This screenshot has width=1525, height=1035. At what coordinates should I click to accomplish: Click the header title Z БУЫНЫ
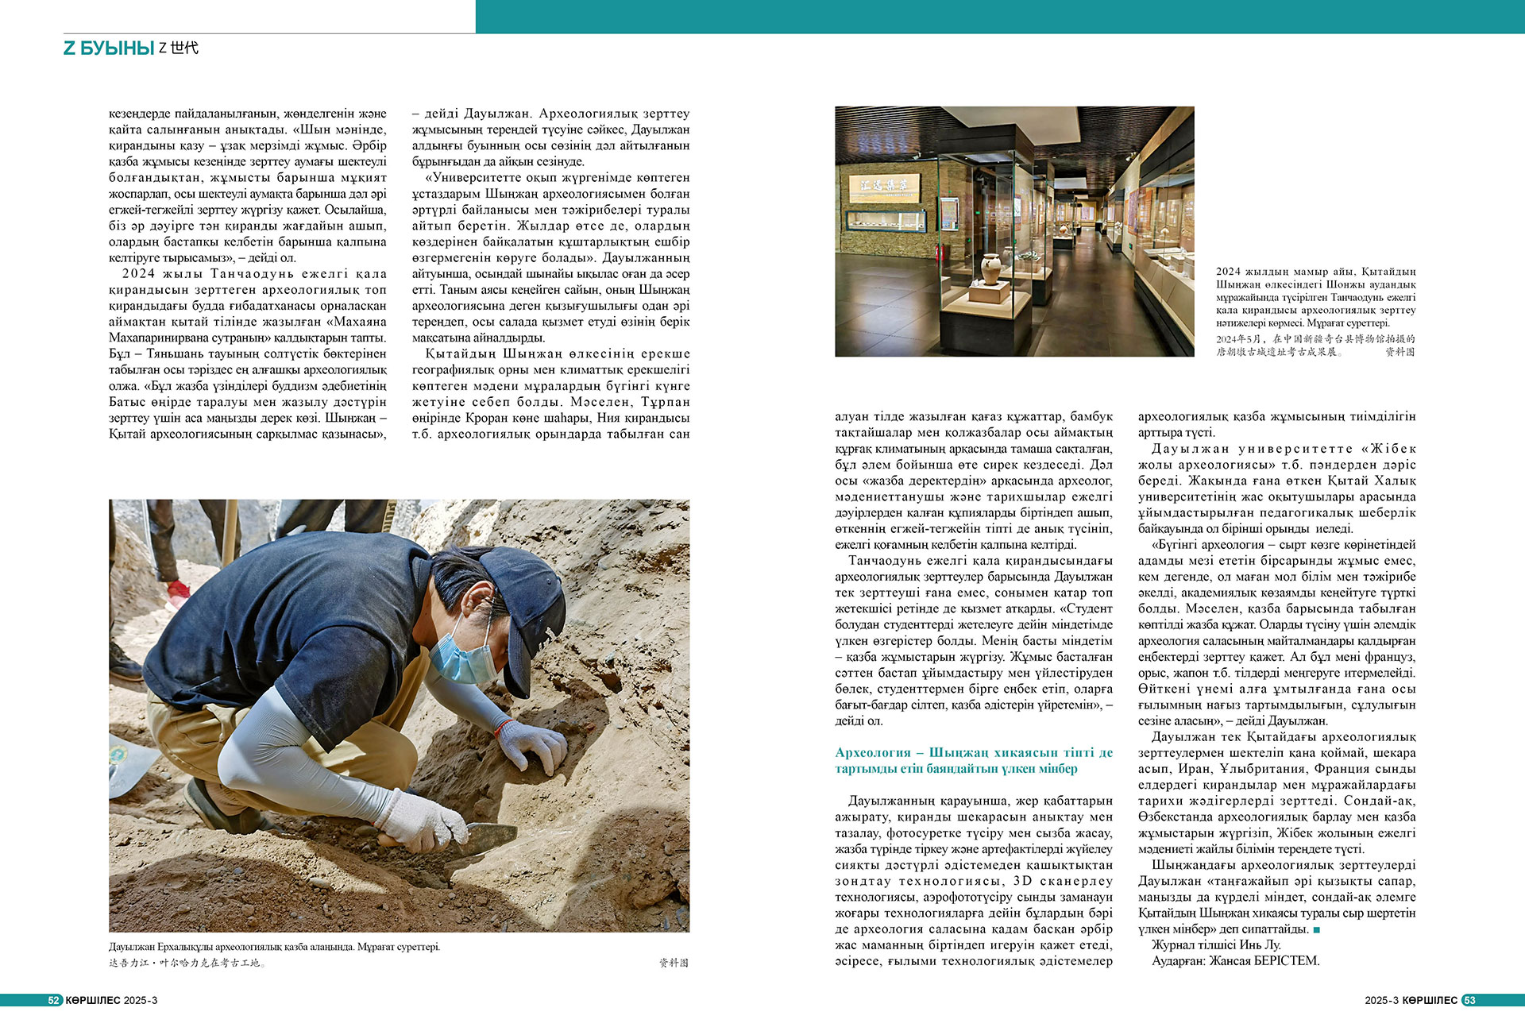(109, 48)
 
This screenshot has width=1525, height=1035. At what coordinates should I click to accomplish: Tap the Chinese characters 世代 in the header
(184, 48)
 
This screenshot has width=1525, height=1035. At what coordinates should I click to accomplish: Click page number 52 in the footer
(54, 1000)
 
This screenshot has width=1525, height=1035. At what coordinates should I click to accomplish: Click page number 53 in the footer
(1469, 1000)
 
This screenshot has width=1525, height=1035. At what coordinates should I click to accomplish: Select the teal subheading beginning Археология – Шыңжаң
(973, 760)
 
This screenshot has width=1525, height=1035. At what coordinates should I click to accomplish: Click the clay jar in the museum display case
(990, 268)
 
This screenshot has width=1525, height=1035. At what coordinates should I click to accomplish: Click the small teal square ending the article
(1316, 929)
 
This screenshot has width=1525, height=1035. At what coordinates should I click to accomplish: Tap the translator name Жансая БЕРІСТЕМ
(1264, 961)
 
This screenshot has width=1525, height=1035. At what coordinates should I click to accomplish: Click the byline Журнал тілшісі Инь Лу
(1216, 945)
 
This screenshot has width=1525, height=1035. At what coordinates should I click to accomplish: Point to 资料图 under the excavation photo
(674, 963)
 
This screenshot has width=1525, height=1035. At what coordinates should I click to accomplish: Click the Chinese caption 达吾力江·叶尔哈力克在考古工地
(187, 963)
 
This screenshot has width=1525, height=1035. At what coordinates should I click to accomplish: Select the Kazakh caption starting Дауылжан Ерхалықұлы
(274, 947)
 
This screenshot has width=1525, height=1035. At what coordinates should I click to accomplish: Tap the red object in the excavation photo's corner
(177, 590)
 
